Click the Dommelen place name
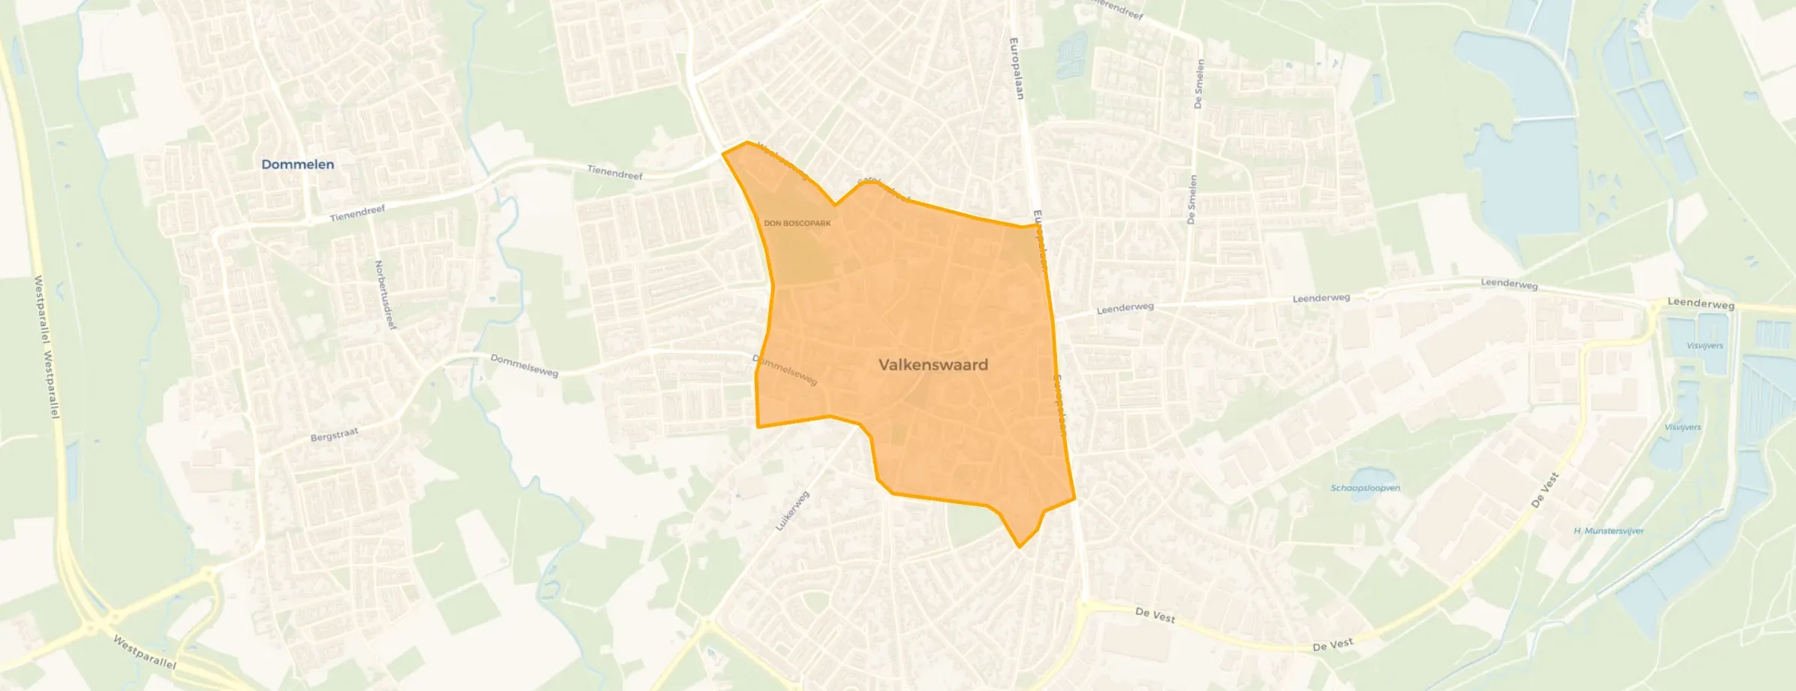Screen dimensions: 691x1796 (297, 164)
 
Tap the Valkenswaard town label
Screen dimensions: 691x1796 (933, 365)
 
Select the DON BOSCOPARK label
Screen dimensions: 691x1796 (797, 223)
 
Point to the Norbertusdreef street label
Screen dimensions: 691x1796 (385, 294)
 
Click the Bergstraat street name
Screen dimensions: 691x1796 (334, 435)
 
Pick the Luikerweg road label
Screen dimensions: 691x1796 (792, 511)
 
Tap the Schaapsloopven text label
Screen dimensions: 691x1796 (1365, 488)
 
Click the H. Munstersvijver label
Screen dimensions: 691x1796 (1608, 531)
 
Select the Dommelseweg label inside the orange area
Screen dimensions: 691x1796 (785, 370)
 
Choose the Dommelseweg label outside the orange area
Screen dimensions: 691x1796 (524, 366)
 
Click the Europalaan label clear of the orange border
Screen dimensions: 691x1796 (1016, 68)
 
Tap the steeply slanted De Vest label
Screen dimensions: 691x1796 (1544, 490)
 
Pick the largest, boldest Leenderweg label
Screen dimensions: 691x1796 (1701, 303)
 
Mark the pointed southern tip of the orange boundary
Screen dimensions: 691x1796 (1020, 547)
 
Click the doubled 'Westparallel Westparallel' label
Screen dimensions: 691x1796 (47, 347)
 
